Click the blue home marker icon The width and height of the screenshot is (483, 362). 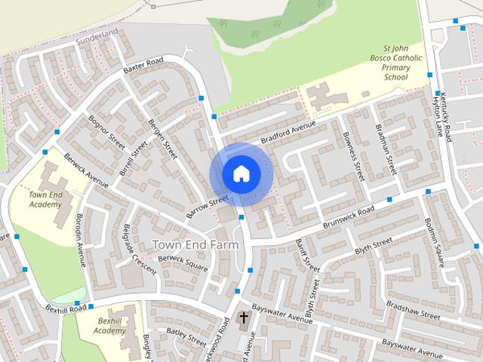click(x=241, y=173)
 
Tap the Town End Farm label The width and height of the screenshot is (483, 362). click(x=195, y=244)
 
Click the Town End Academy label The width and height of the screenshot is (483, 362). click(x=45, y=199)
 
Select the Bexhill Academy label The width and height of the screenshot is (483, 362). click(x=112, y=326)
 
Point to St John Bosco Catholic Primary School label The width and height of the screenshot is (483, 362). click(x=396, y=60)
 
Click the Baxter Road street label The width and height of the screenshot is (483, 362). click(x=144, y=66)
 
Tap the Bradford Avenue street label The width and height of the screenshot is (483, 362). click(x=288, y=132)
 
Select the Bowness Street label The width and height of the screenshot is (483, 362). click(x=353, y=154)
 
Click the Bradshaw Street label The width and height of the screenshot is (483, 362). click(x=412, y=310)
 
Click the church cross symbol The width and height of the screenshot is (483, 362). click(x=244, y=318)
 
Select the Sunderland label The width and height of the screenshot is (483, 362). click(x=99, y=35)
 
